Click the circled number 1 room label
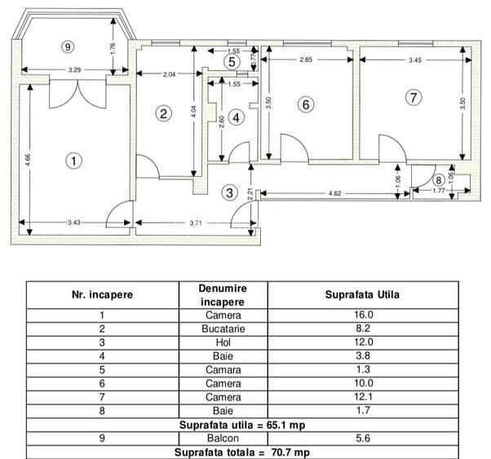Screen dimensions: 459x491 [74, 161]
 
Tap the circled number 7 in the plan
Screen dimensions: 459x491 [414, 97]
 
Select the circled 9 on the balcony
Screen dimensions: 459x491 [68, 47]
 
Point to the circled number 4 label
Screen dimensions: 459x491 [237, 117]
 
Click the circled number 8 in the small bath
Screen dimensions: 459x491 [439, 180]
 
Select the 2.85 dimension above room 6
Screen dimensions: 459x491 [307, 60]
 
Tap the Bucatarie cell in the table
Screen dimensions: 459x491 [223, 329]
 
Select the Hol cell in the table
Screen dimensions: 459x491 [223, 343]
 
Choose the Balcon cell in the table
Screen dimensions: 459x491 [223, 439]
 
